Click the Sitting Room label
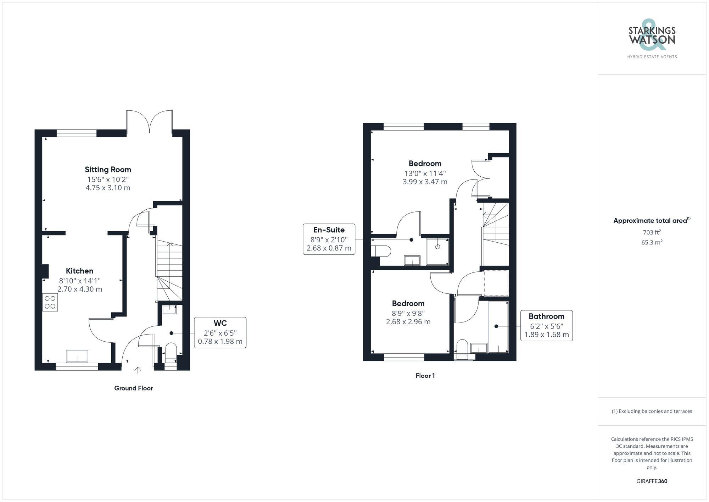coord(108,170)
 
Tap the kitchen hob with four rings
coord(50,302)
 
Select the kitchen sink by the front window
coord(77,356)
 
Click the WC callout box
coord(220,332)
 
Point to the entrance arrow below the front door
coord(138,370)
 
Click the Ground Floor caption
coord(133,388)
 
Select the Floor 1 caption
coord(425,376)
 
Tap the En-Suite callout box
coord(329,239)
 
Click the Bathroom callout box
coord(546,325)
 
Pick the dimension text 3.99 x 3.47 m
coord(425,182)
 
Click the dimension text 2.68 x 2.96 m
coord(408,322)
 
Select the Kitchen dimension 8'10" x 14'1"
coord(80,281)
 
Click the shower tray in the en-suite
coord(437,252)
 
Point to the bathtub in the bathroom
coord(498,327)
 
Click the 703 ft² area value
coord(652,233)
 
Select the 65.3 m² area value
coord(652,243)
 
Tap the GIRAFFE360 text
coord(652,481)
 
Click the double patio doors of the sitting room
coord(150,122)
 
